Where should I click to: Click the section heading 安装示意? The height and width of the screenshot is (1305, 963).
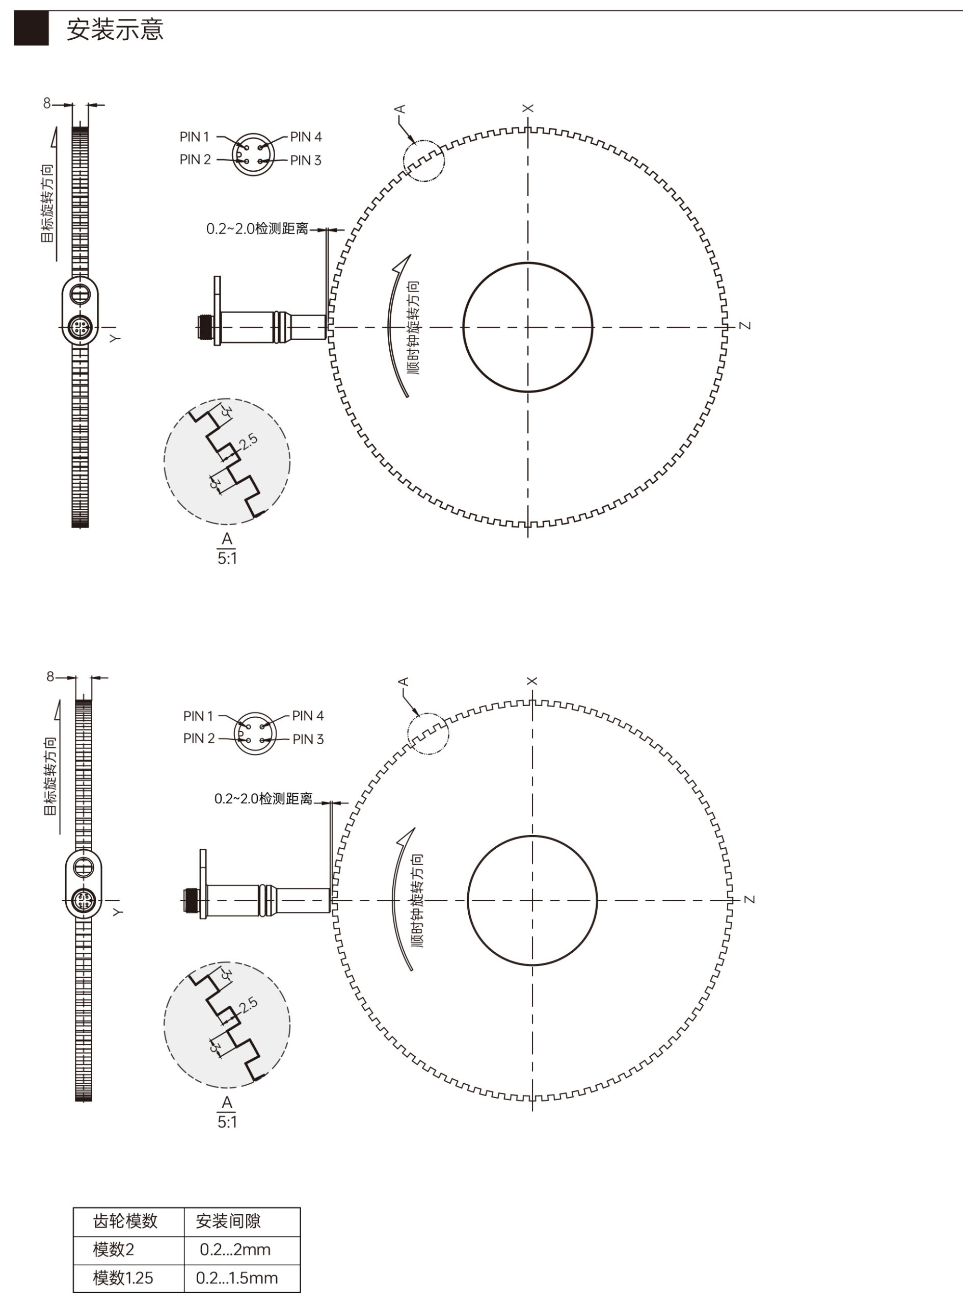click(x=115, y=29)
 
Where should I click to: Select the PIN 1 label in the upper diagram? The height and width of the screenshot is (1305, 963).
click(x=194, y=137)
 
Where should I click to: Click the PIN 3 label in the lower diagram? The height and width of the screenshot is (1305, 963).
click(x=308, y=739)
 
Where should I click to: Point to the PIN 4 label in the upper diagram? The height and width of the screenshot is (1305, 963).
click(x=306, y=137)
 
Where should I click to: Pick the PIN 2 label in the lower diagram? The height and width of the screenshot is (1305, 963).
click(x=199, y=738)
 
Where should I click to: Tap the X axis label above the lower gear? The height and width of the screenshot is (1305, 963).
click(x=531, y=681)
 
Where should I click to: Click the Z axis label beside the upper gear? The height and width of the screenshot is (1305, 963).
click(x=745, y=325)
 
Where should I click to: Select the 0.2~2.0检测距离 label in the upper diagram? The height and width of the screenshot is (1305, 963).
click(x=257, y=228)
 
